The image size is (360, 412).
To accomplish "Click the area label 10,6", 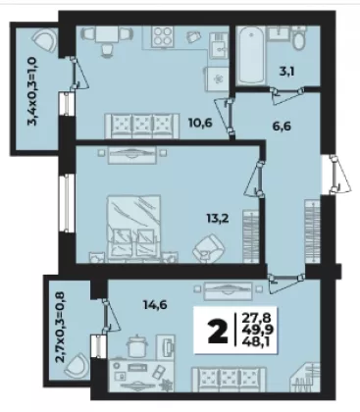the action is point(200,124).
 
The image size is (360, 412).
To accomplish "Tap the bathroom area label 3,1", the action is point(286,71).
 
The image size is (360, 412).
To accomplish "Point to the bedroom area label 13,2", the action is point(218,218).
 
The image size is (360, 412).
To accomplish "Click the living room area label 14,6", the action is point(155,305).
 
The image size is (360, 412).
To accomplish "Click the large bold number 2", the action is point(218,331).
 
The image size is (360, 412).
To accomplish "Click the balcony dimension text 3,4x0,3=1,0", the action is point(33,92).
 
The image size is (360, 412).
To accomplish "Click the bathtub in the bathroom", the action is point(251,56).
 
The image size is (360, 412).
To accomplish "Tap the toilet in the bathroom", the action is point(298,38).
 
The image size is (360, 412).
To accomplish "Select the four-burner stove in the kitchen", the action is point(163,36).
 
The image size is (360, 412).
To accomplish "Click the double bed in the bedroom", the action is point(133,228).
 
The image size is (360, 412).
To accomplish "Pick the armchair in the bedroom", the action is point(209,246).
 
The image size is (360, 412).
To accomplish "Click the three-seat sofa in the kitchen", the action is point(142,126).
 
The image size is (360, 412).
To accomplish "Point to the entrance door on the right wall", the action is point(336,175).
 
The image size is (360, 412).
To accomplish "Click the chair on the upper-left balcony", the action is point(45,40).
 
